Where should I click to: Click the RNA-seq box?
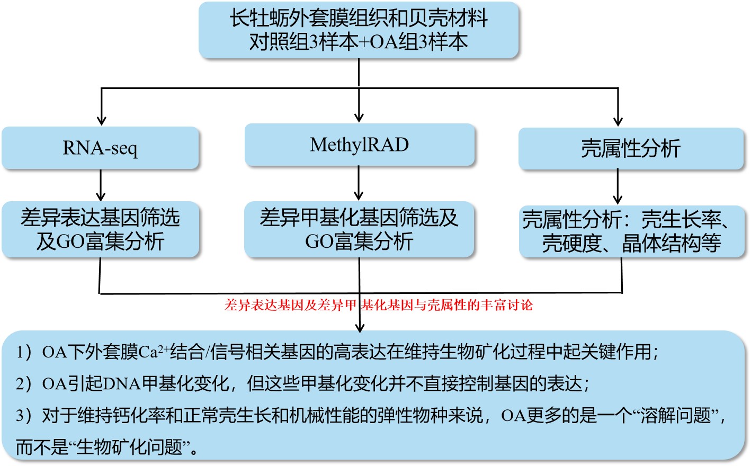click(100, 148)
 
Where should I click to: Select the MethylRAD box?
click(360, 145)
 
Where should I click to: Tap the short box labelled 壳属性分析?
click(631, 148)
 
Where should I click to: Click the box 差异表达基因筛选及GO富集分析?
click(100, 229)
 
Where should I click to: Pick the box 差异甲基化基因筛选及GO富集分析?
click(359, 229)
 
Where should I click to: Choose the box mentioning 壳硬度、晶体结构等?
click(632, 231)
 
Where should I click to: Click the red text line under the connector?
click(379, 305)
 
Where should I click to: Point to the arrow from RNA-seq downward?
click(101, 185)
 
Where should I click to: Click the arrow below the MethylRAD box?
click(359, 183)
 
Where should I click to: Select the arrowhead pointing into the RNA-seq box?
click(101, 121)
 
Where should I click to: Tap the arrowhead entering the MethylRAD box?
click(359, 118)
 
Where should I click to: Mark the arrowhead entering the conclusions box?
click(360, 328)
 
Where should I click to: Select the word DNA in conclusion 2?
click(122, 384)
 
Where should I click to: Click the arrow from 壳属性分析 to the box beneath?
click(618, 187)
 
